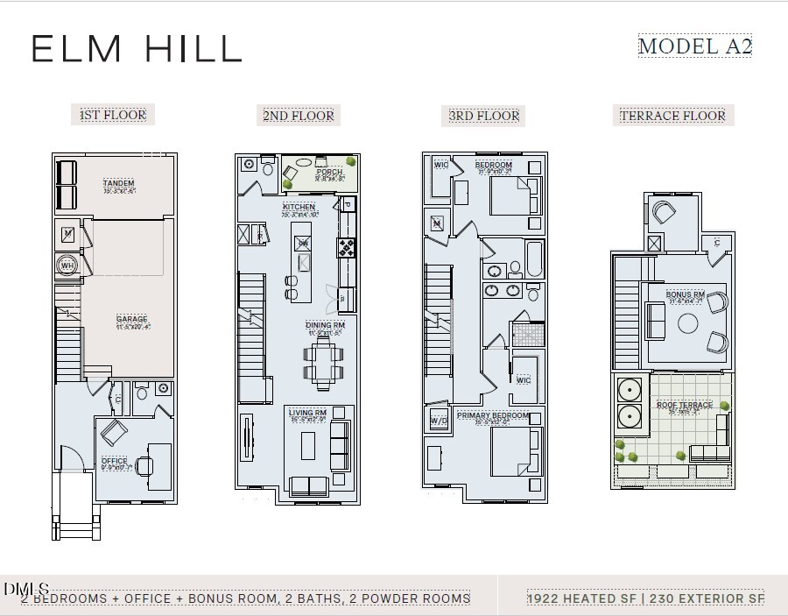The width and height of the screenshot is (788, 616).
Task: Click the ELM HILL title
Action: tap(137, 49)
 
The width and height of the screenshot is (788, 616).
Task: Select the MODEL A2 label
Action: tap(694, 46)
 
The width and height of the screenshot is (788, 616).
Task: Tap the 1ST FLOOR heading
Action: tap(113, 115)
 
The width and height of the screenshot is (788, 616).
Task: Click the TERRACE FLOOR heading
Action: tap(672, 116)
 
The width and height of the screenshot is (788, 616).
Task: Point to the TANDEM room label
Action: tap(118, 183)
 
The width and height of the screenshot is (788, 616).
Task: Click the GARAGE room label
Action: tap(132, 319)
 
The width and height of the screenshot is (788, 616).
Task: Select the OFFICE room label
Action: tap(114, 460)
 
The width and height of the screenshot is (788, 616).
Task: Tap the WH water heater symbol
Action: tap(67, 266)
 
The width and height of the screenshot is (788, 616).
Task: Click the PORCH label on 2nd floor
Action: tap(329, 173)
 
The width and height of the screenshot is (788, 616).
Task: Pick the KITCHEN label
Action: tap(299, 207)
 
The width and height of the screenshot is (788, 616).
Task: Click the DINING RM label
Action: tap(326, 325)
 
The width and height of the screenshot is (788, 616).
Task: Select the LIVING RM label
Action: tap(308, 413)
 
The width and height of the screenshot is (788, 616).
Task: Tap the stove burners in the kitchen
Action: tap(348, 247)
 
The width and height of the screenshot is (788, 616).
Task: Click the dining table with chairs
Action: tap(326, 360)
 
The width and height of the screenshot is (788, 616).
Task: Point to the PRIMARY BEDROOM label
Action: tap(493, 415)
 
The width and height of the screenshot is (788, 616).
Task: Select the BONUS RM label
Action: tap(686, 294)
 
